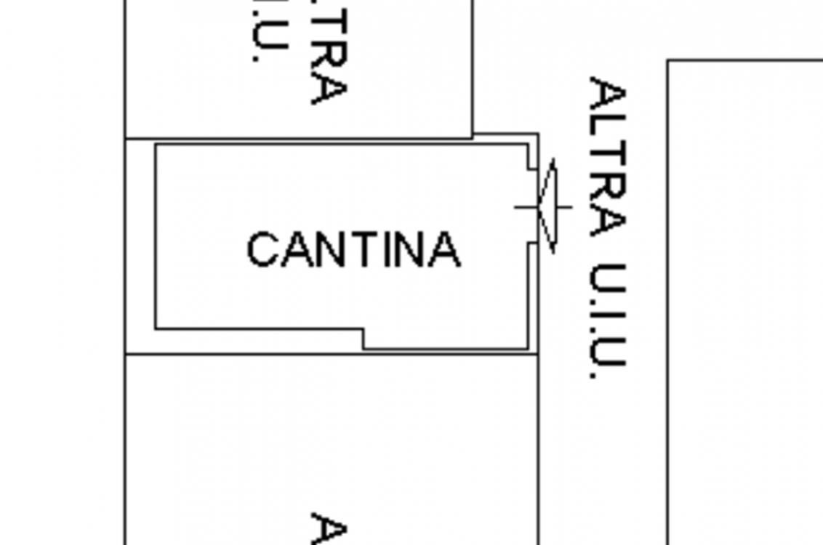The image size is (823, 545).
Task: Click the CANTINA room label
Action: pos(354,249)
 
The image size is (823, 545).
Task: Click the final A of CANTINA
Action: pos(444,249)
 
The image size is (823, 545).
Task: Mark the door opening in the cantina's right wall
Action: pos(533,207)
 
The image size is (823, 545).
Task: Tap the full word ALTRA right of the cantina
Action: pos(607,156)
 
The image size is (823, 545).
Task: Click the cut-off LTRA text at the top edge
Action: pos(329,54)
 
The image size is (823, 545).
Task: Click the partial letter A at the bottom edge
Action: pos(329,529)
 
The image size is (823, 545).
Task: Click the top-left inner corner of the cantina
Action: pos(156,145)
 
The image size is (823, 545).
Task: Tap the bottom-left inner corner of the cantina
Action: pos(156,328)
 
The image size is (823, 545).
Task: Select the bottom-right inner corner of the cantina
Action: pos(528,348)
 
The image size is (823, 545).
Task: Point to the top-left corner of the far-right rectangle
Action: pos(668,62)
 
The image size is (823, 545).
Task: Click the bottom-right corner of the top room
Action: pos(473,137)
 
